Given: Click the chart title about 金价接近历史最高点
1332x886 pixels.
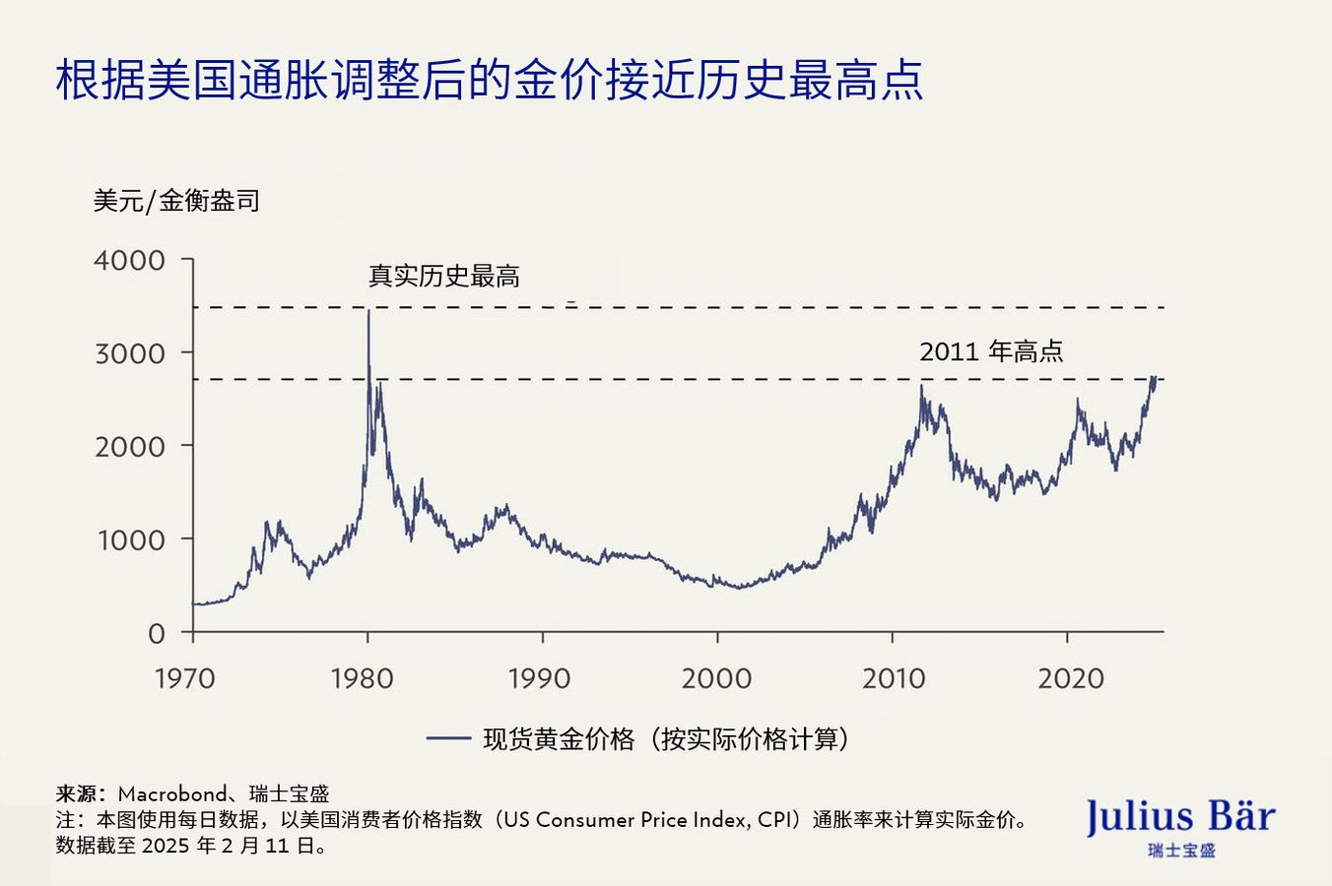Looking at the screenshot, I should (489, 81).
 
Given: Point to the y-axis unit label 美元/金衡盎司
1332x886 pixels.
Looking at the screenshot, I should (176, 202).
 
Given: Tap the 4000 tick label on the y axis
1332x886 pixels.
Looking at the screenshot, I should (129, 261).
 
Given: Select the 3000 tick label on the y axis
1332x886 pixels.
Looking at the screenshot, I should (129, 353).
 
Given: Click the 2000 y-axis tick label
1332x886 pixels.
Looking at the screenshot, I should (129, 447).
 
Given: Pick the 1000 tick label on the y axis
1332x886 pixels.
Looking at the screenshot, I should (129, 540).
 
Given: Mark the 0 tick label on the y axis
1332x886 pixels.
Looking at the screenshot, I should (157, 634).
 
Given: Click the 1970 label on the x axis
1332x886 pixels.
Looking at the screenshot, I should (184, 679).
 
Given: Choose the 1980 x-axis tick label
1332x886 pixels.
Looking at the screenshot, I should (362, 679).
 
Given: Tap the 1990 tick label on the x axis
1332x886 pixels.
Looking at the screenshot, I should (539, 679).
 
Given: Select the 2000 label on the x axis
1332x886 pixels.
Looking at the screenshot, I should (716, 679).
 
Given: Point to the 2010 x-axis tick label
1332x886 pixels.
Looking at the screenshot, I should (894, 679).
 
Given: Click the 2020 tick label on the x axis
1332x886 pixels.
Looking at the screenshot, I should (1071, 679).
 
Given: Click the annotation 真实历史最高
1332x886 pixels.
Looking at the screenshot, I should (444, 277).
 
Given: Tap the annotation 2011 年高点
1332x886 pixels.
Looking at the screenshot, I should (991, 351).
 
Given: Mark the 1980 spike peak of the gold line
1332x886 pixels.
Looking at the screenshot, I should (368, 312).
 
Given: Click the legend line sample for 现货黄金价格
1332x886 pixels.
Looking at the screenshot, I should (448, 738).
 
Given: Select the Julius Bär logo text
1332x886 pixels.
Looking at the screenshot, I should (1180, 817).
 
